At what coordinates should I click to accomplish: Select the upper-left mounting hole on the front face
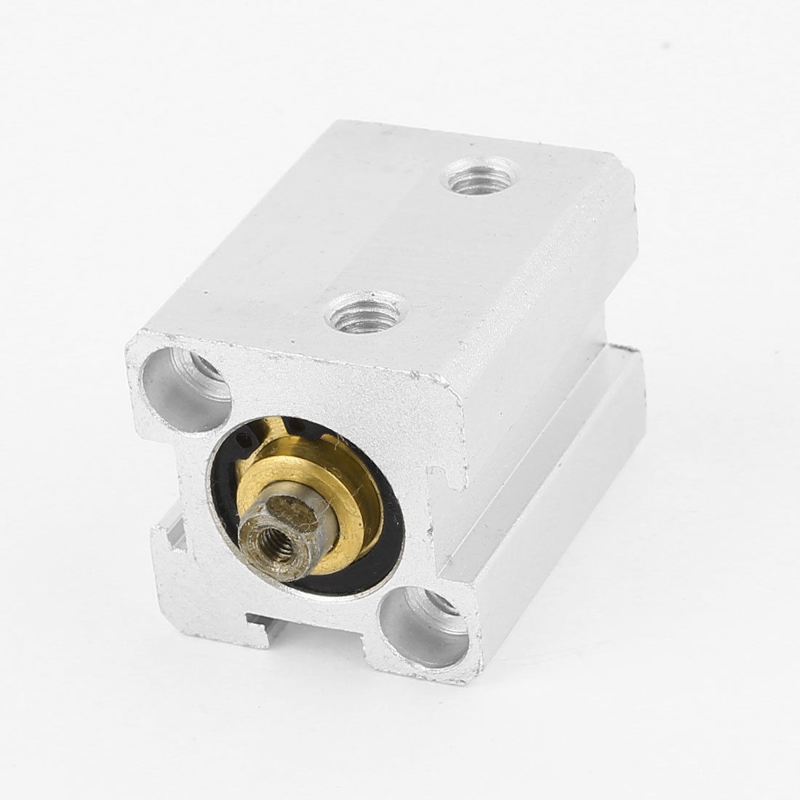point(186,389)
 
